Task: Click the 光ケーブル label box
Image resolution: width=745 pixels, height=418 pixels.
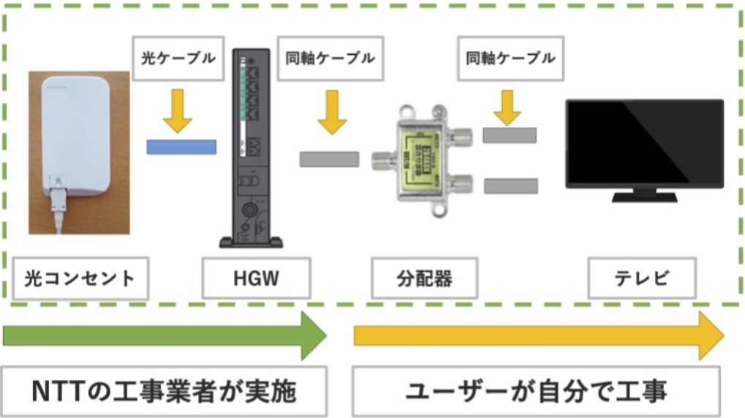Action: pos(178,58)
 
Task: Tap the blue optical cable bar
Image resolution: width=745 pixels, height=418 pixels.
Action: pos(181,146)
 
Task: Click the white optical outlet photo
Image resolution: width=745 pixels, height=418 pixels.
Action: pos(79,139)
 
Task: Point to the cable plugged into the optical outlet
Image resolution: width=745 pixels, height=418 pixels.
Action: pos(58,212)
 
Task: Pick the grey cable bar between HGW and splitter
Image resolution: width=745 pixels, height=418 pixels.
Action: pos(329,159)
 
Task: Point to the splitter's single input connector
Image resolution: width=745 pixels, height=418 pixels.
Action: pos(382,159)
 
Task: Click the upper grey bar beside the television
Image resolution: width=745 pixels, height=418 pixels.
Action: pos(510,135)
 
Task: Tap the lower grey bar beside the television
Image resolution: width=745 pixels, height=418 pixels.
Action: pos(510,186)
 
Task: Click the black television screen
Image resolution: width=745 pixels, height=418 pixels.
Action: pos(644,142)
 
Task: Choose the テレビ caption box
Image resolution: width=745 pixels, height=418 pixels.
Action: pos(642,278)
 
